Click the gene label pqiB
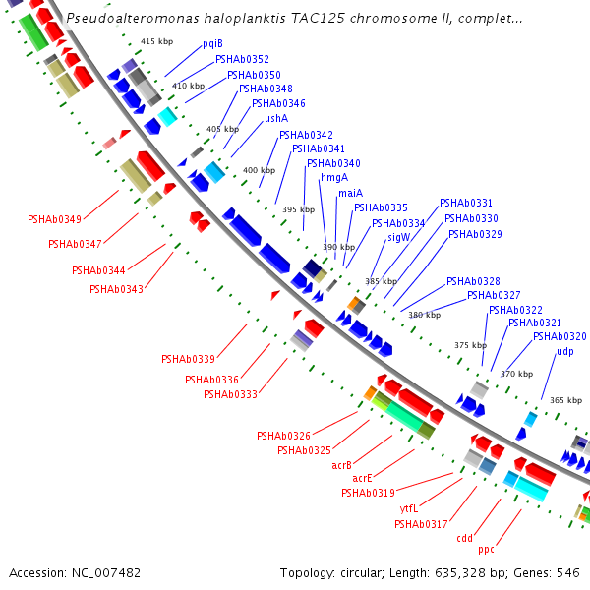213,44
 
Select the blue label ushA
276,118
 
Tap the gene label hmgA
334,178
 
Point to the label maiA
351,193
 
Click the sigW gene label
399,238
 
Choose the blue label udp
565,352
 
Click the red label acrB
341,465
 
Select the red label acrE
362,478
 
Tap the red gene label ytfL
409,508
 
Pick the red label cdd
465,538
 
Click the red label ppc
486,550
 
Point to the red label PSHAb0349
54,219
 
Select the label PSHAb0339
188,359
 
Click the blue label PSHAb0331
466,203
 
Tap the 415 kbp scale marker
157,41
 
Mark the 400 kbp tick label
260,170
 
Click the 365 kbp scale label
566,400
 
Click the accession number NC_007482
106,573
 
